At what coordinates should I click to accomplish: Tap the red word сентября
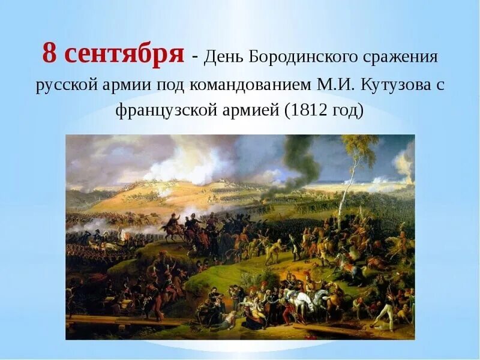[124, 55]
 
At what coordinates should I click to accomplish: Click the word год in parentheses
[348, 111]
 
